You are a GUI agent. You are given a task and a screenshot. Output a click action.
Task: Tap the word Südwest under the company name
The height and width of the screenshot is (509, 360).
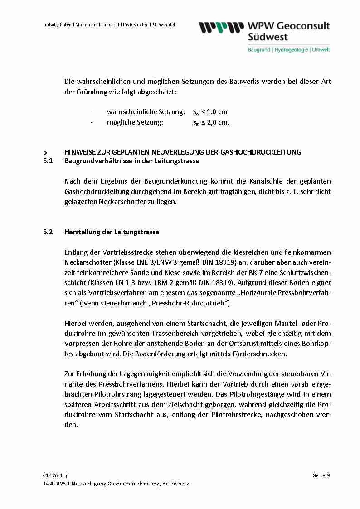point(268,37)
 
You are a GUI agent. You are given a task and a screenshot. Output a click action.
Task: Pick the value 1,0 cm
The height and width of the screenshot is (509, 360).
point(217,112)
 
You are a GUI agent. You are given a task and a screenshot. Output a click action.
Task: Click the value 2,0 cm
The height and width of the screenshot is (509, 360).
point(218,122)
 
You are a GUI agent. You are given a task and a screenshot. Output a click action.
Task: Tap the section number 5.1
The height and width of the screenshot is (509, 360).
point(48,161)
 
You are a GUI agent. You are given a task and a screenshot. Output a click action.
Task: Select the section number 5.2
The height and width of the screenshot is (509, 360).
point(48,232)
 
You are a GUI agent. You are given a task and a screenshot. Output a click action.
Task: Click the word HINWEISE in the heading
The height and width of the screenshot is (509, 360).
point(81,152)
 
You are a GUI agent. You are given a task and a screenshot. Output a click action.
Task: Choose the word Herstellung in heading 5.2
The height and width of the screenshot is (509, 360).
point(83,232)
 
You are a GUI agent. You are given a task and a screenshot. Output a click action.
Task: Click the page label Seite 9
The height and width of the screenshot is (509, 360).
point(321,475)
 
